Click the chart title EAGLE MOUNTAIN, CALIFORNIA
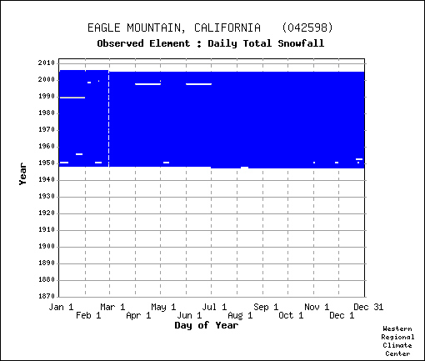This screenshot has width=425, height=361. pyautogui.click(x=174, y=28)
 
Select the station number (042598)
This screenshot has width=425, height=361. pyautogui.click(x=307, y=28)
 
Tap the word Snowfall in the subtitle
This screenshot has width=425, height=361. pyautogui.click(x=301, y=43)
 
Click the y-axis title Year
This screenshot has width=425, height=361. pyautogui.click(x=22, y=174)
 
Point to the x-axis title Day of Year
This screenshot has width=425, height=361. pyautogui.click(x=207, y=325)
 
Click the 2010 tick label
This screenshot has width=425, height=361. pyautogui.click(x=47, y=63)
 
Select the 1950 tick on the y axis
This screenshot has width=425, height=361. pyautogui.click(x=47, y=163)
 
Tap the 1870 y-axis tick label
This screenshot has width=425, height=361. pyautogui.click(x=47, y=296)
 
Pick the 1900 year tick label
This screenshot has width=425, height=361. pyautogui.click(x=47, y=246)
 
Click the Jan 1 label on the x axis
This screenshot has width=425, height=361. pyautogui.click(x=61, y=307)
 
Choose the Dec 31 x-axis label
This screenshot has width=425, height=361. pyautogui.click(x=368, y=307)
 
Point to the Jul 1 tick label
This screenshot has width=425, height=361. pyautogui.click(x=214, y=307)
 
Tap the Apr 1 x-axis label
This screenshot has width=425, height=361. pyautogui.click(x=138, y=316)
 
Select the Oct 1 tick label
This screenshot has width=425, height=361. pyautogui.click(x=291, y=316)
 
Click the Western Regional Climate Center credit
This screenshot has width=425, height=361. pyautogui.click(x=397, y=341)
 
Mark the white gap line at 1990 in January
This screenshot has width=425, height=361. pyautogui.click(x=72, y=98)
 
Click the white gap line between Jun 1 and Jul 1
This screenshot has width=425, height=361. pyautogui.click(x=198, y=84)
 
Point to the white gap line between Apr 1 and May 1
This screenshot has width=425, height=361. pyautogui.click(x=147, y=84)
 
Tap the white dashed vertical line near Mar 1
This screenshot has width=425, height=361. pyautogui.click(x=108, y=119)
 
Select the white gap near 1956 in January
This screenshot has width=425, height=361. pyautogui.click(x=79, y=154)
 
